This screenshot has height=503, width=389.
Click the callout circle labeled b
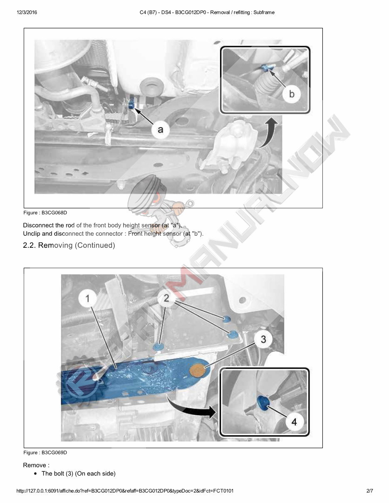[x=291, y=94]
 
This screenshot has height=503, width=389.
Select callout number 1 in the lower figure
[x=88, y=298]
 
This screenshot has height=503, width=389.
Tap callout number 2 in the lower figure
[x=166, y=298]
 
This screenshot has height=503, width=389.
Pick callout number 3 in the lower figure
[x=263, y=339]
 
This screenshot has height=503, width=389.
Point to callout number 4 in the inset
[x=294, y=422]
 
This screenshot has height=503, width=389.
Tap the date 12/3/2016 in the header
[x=27, y=12]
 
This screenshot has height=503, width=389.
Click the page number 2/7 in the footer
[x=369, y=491]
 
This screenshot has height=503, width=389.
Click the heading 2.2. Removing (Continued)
[x=69, y=245]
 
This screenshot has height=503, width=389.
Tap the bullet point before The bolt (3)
[x=37, y=474]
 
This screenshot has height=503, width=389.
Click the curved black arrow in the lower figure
[x=191, y=407]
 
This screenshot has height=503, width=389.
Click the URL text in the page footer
[x=125, y=491]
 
